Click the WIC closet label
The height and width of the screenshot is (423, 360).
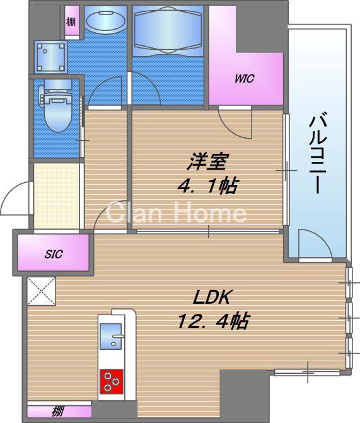(244, 79)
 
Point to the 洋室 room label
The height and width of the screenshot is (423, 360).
(206, 161)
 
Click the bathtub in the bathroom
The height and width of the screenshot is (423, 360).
(168, 32)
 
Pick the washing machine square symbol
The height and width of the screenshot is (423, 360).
(49, 59)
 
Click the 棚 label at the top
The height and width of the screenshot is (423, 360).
(71, 21)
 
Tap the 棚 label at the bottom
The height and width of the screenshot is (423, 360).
(58, 413)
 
